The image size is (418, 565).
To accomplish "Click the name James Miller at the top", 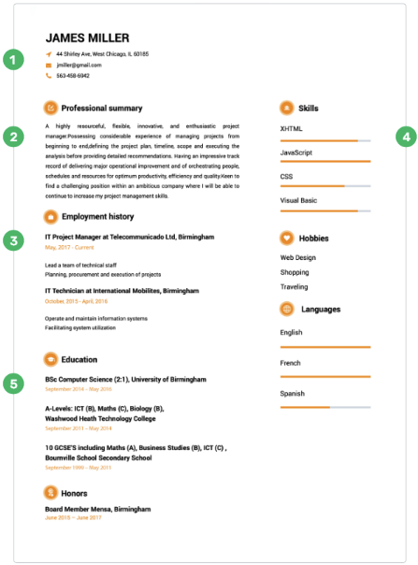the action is (x=87, y=37).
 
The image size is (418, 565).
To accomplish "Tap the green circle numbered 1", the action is (x=12, y=61).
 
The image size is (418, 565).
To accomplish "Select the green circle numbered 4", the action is (x=405, y=137).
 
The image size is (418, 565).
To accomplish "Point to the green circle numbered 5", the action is (x=12, y=384).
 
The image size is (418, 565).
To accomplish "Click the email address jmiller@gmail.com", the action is (x=78, y=65).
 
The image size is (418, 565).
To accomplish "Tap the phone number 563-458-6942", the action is (x=74, y=76).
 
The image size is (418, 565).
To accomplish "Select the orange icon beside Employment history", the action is (x=50, y=216).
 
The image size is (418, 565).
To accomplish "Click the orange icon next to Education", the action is (x=50, y=358).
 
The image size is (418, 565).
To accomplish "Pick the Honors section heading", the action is (x=74, y=492).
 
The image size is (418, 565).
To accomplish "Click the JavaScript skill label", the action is (x=296, y=152).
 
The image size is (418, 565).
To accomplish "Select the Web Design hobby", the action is (x=298, y=256).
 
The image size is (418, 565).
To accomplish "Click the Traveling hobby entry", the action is (x=295, y=286).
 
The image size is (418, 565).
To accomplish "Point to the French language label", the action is (x=291, y=362).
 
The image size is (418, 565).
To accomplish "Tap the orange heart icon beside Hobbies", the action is (x=287, y=237).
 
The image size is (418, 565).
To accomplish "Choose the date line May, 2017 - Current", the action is (x=69, y=247).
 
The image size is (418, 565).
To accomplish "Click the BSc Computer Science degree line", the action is (x=117, y=380).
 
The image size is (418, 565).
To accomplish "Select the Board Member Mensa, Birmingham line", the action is (x=97, y=509).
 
